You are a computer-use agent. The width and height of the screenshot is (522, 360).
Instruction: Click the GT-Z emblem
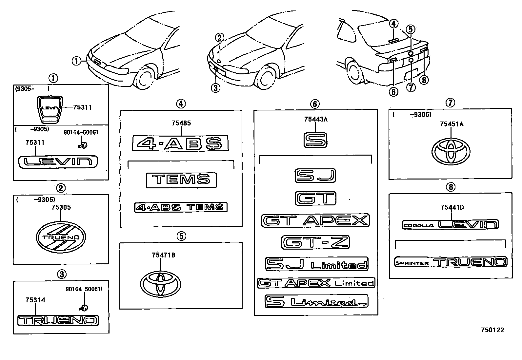(315, 242)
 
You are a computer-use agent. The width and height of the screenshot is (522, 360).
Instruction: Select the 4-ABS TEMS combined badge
(181, 207)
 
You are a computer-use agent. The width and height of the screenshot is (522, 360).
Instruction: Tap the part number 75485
(181, 123)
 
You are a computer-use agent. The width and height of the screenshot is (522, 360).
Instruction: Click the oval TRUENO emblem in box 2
(61, 237)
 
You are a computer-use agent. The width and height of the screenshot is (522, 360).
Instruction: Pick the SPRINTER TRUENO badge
(451, 262)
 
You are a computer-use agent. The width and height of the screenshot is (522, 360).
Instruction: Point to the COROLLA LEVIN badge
(450, 224)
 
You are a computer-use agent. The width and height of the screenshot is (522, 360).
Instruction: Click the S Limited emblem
(316, 301)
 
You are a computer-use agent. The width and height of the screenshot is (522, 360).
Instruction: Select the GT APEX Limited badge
(316, 283)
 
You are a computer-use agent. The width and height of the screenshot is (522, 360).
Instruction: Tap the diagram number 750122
(492, 330)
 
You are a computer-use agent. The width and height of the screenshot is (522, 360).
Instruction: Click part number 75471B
(163, 255)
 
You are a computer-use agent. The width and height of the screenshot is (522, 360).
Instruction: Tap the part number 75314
(35, 300)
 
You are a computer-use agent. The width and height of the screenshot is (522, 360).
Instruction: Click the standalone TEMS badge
(181, 180)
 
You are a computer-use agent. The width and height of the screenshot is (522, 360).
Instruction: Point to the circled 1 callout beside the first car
(76, 61)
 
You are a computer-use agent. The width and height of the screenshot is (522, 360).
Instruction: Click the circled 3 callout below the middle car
(215, 88)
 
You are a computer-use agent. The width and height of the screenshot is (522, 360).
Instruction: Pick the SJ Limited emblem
(316, 264)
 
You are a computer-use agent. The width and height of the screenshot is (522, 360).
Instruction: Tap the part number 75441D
(452, 207)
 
